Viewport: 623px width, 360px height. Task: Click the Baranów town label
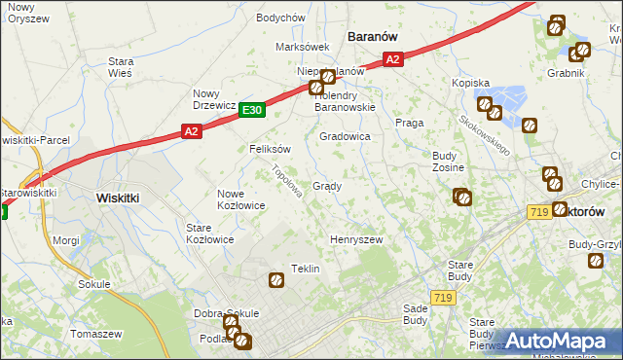click(x=374, y=36)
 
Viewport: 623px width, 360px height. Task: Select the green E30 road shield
click(x=252, y=111)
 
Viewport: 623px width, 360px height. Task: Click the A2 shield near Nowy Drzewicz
click(x=191, y=130)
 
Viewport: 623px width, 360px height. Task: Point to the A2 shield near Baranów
click(x=391, y=60)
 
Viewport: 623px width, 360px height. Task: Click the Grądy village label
click(x=326, y=186)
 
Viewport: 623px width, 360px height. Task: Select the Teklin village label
click(x=306, y=269)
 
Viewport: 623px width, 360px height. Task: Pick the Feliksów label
click(x=271, y=150)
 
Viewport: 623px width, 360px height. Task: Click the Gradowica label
click(x=345, y=137)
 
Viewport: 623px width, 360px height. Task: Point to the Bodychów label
click(x=280, y=18)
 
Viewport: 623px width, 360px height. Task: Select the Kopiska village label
click(x=470, y=84)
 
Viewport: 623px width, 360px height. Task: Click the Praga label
click(x=407, y=123)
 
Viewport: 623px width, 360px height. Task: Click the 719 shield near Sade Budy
click(x=444, y=298)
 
